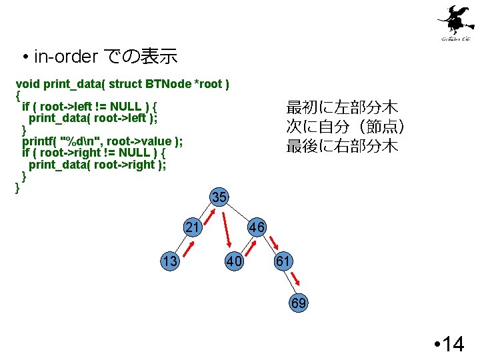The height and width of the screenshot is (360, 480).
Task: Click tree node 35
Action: [x=219, y=197]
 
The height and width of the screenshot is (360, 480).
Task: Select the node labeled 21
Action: [x=193, y=228]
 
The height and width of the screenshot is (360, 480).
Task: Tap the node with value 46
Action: [x=257, y=228]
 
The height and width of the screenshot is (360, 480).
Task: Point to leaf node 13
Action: [x=169, y=261]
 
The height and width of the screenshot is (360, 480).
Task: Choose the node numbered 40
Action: [x=233, y=261]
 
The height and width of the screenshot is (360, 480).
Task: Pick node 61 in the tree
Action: [x=283, y=261]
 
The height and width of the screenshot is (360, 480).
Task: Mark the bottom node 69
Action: [x=299, y=303]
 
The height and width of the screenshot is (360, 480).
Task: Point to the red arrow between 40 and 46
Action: [x=252, y=247]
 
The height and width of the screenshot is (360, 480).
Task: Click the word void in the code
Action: [x=27, y=84]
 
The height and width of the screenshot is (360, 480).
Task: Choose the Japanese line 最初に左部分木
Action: [x=342, y=107]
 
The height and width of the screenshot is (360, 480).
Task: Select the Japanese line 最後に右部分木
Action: [x=342, y=146]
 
